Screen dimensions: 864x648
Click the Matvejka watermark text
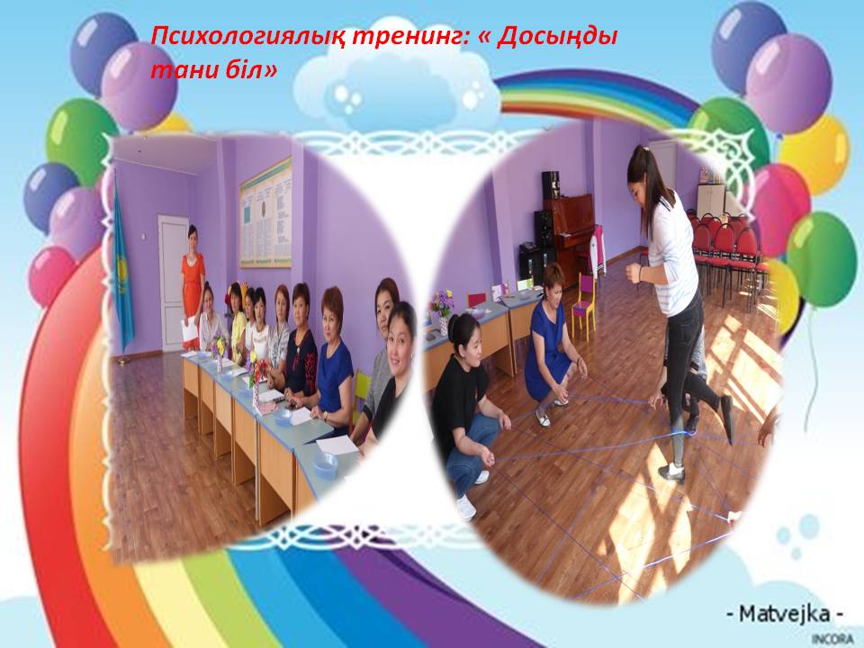coord(785,613)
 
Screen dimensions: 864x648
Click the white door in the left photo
coord(172,282)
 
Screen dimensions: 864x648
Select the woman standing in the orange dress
coord(193,286)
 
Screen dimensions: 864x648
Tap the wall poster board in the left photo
coord(265,212)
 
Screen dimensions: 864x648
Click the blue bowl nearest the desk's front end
coord(326,465)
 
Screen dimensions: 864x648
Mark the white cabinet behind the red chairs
coord(711,200)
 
